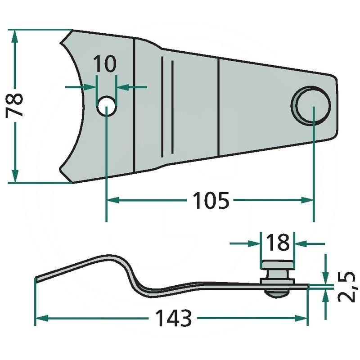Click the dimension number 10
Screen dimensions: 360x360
(x=106, y=64)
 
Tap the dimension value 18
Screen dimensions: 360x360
(x=278, y=243)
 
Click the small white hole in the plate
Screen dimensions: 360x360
(x=106, y=106)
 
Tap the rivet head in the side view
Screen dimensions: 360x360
(x=277, y=263)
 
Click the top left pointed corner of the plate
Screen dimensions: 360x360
(x=72, y=31)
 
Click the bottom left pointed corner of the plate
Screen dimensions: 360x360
(x=73, y=182)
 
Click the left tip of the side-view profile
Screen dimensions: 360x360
(x=36, y=279)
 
